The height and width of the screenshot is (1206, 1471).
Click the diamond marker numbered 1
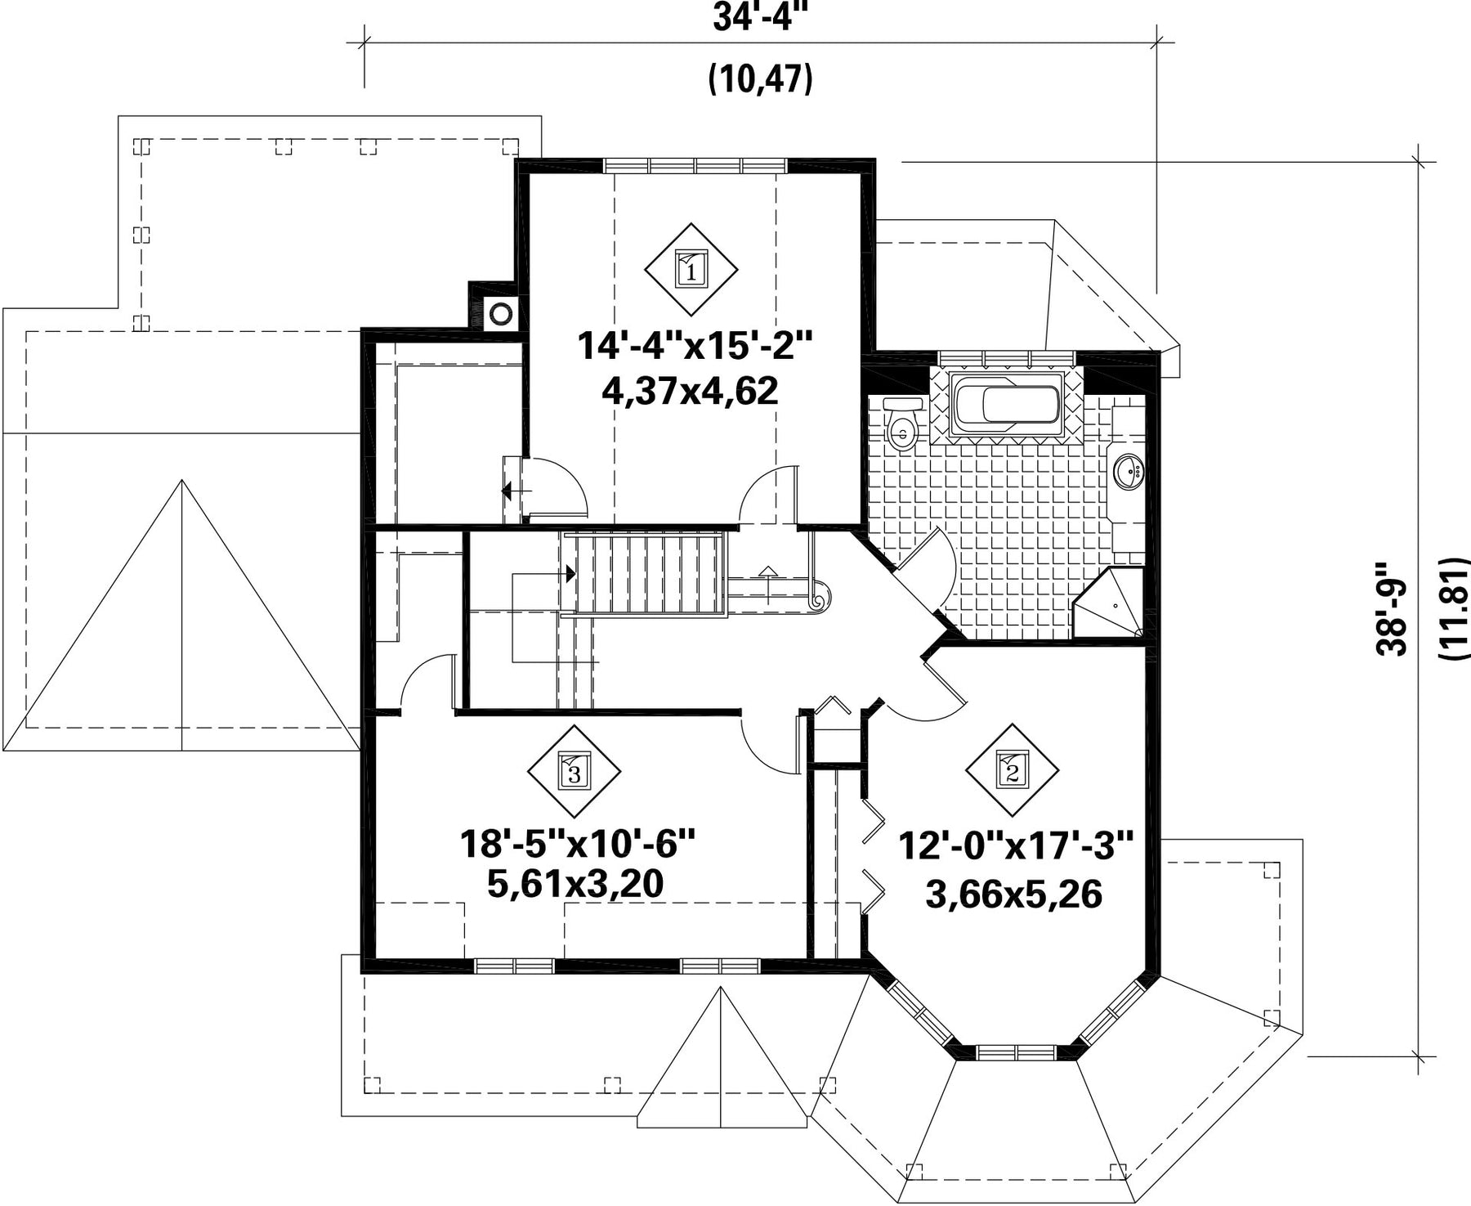(691, 268)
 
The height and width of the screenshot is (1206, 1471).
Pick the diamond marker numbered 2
(1013, 769)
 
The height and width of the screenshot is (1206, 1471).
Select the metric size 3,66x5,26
(1014, 894)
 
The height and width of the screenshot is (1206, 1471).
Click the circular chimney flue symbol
(500, 313)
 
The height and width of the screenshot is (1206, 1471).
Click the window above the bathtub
(1008, 359)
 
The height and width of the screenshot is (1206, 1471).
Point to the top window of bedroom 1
(696, 164)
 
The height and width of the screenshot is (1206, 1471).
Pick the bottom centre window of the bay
(1017, 1052)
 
